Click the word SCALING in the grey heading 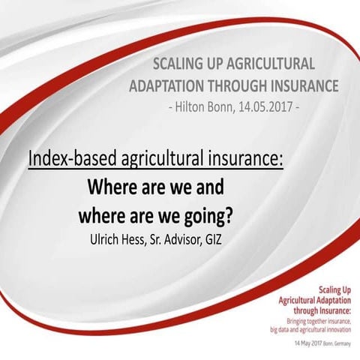pos(178,64)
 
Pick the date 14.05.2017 pos(264,106)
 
